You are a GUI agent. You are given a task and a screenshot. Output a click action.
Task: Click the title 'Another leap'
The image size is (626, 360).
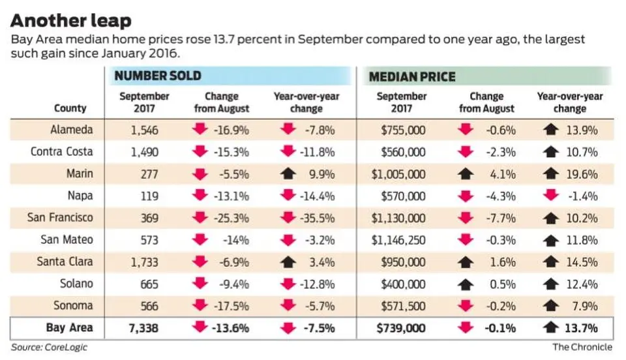70,20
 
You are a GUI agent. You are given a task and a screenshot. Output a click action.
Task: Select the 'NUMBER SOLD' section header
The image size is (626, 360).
157,76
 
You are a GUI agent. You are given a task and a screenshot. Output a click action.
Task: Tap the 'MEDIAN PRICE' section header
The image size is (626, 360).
412,76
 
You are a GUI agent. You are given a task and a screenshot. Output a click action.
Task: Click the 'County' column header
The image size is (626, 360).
70,108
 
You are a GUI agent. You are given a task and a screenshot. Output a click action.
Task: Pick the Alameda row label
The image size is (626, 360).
71,130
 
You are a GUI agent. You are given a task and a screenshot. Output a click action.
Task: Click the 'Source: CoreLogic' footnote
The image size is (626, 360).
49,347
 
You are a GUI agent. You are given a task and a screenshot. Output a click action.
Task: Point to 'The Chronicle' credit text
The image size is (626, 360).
582,347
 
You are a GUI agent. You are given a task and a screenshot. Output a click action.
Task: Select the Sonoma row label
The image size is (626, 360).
74,306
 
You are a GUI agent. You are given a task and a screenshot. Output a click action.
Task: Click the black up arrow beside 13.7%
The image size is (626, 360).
551,327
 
